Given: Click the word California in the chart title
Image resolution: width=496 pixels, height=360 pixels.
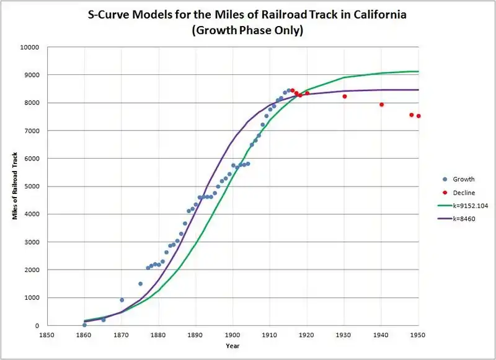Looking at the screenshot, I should coord(370,14).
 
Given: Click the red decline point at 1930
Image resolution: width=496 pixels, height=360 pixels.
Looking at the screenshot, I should coord(345,96).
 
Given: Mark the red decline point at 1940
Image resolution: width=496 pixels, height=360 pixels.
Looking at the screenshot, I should coord(382,105).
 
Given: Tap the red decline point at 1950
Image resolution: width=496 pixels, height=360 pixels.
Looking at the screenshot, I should coord(418,116).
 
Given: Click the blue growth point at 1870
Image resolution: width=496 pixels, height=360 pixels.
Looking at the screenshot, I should coord(122,300).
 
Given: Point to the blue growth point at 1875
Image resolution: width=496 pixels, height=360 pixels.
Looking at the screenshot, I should coord(140,284).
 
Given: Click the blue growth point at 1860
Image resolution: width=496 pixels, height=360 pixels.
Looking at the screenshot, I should coord(84,325).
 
